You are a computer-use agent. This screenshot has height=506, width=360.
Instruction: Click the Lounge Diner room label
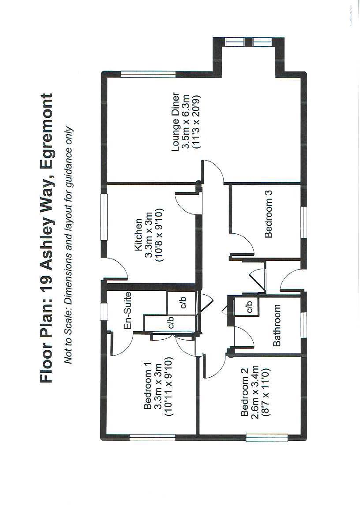coord(176,122)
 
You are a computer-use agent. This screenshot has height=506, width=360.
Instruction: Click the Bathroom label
coord(277,325)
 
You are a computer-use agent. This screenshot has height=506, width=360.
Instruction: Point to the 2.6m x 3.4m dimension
coord(254,394)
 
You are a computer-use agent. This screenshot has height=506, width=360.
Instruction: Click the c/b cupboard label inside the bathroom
coord(249,306)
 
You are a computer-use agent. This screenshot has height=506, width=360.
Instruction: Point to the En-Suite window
coord(104,311)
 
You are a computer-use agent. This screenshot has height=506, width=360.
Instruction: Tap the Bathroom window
coord(304,325)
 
